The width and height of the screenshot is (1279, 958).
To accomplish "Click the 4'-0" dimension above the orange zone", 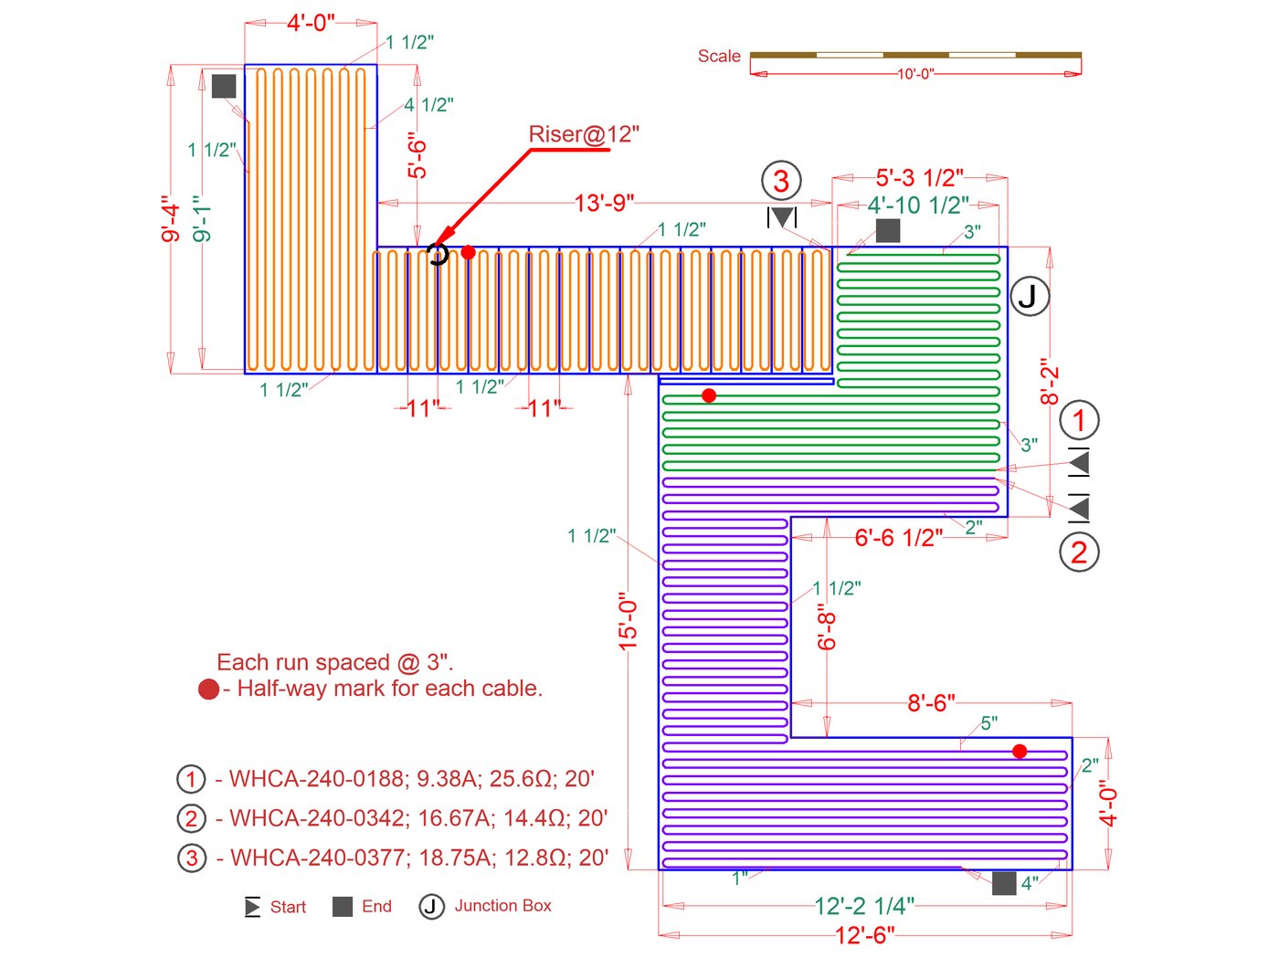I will [311, 23].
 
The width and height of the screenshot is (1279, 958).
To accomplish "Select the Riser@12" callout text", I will [584, 134].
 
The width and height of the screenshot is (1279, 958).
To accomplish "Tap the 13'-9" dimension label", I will [604, 203].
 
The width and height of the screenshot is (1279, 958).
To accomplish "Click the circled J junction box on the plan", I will [1030, 296].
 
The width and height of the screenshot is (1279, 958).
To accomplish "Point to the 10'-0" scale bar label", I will [914, 74].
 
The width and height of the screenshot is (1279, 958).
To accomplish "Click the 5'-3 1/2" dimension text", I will [919, 178].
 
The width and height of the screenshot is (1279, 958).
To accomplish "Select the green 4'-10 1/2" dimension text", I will [918, 205].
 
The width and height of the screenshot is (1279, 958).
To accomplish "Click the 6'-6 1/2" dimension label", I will [898, 538].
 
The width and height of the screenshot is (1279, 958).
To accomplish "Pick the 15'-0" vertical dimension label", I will [628, 622].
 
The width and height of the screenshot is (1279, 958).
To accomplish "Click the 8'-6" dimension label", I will [931, 703].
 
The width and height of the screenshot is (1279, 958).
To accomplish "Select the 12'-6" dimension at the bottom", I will [864, 935].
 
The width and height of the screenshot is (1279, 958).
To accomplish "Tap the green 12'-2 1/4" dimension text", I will [864, 906].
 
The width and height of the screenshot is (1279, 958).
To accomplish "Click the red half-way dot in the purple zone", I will [1020, 751].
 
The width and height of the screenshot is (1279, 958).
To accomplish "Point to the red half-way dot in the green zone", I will [709, 395].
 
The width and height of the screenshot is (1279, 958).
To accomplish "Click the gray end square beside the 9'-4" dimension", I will [224, 86].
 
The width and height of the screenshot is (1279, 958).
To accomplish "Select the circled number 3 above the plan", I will [781, 181].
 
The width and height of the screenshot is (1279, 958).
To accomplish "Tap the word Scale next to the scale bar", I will [719, 57].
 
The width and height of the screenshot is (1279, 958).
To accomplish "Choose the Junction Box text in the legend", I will [502, 906].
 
